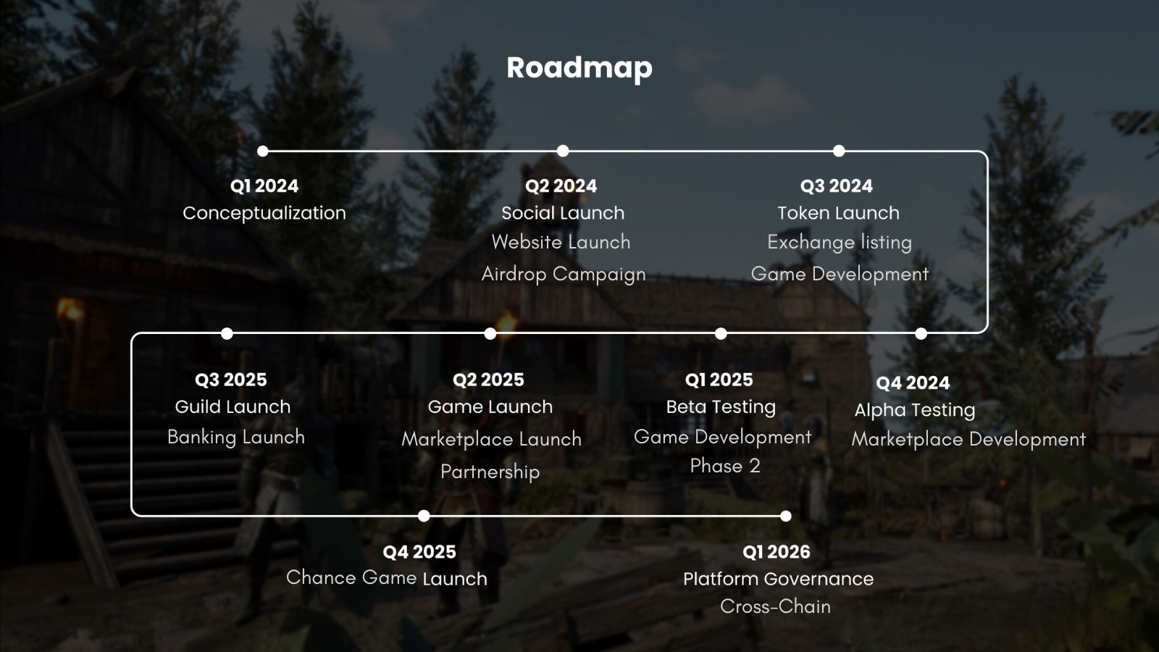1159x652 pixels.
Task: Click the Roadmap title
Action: (x=579, y=68)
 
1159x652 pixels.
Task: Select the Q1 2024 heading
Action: (x=264, y=185)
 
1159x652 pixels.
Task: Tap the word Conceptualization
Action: (x=264, y=213)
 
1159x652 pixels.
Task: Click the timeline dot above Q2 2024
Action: (x=563, y=151)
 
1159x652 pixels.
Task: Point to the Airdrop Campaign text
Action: (x=564, y=275)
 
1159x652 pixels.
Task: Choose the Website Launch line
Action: (x=561, y=242)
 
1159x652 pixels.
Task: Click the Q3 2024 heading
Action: (x=836, y=185)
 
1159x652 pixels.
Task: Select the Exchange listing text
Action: (x=840, y=242)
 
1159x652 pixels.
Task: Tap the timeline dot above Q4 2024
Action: (x=921, y=334)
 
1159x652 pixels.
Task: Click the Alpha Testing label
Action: (x=915, y=410)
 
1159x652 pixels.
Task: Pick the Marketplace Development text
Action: (x=968, y=439)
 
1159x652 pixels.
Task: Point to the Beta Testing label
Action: (x=721, y=407)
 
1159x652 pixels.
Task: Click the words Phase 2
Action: (x=725, y=466)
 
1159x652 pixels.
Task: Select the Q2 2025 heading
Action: (x=488, y=380)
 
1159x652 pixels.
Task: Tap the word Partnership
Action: (x=490, y=472)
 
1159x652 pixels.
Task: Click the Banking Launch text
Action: (x=236, y=438)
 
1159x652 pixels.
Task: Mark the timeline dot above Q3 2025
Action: (x=227, y=334)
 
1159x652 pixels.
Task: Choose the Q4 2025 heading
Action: (x=419, y=552)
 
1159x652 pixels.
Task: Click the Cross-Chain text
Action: (x=775, y=606)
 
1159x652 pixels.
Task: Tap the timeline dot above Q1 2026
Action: (x=785, y=516)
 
